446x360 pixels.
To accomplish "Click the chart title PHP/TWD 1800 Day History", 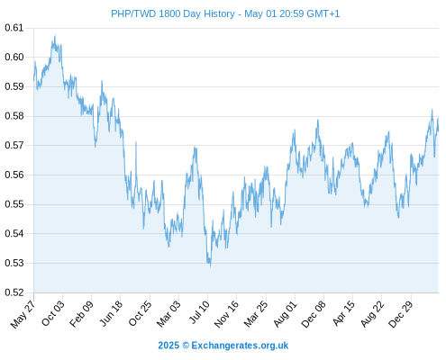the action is click(x=173, y=13).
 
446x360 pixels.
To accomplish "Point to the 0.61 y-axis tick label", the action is click(x=14, y=28).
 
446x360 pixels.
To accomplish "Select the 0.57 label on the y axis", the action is click(x=14, y=146).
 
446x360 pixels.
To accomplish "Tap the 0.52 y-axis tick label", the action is click(x=14, y=292).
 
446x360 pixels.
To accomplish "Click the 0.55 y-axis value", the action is click(x=14, y=204).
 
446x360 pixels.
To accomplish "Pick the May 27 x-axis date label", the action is click(x=23, y=314).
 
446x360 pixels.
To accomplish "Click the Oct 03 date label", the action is click(x=53, y=313).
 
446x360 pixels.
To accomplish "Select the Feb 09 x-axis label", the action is click(x=81, y=313).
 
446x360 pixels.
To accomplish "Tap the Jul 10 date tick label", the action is click(x=199, y=312).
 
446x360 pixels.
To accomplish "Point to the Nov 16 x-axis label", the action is click(x=226, y=314).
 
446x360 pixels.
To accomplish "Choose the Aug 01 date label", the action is click(x=286, y=314).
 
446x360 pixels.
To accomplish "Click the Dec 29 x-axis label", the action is click(x=401, y=314).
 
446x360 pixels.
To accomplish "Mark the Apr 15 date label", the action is click(x=344, y=313).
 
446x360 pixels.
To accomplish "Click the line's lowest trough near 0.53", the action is click(x=210, y=266).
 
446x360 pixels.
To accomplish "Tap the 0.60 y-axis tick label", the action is click(x=14, y=57).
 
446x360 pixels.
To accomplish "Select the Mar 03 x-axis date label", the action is click(x=169, y=313).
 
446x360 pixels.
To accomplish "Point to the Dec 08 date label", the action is click(x=314, y=314).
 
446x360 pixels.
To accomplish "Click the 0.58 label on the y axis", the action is click(x=14, y=116).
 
